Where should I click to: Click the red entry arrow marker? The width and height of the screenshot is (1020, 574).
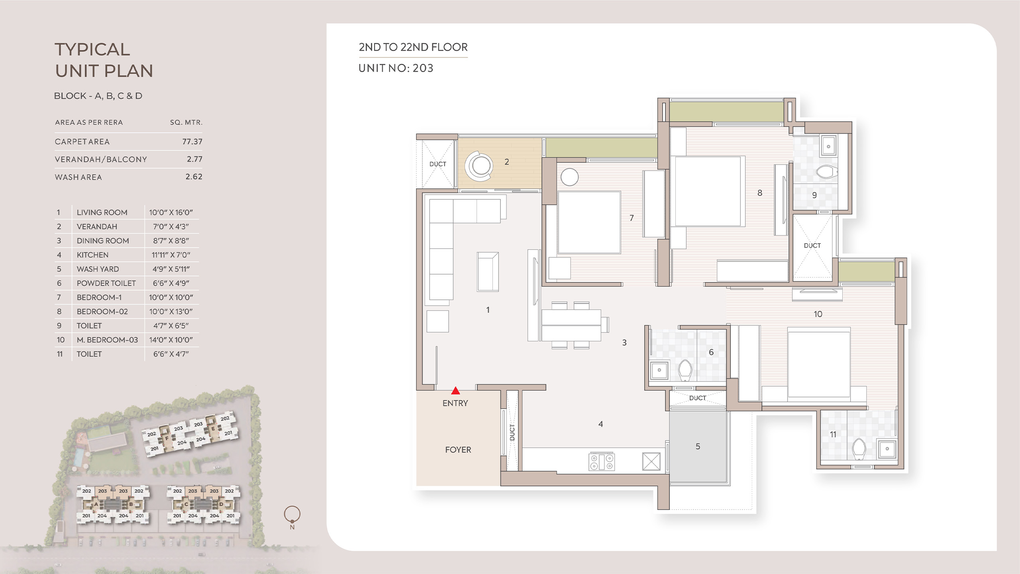[x=455, y=391]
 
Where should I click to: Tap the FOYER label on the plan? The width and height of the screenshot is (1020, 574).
[x=458, y=450]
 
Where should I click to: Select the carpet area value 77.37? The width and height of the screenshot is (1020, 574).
[x=192, y=142]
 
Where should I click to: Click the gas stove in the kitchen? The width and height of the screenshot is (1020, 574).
[x=602, y=462]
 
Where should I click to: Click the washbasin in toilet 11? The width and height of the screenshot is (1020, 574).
[x=887, y=449]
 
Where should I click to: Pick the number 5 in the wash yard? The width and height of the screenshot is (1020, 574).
[x=698, y=446]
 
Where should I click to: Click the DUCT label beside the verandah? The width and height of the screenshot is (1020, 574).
[x=437, y=164]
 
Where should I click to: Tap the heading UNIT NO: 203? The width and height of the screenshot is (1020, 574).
[x=396, y=68]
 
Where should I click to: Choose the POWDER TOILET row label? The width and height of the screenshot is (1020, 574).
[x=106, y=283]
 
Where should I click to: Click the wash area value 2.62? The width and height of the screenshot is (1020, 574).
[x=194, y=177]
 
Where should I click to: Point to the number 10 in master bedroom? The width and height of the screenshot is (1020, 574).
[x=818, y=314]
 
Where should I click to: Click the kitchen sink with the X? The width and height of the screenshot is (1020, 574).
[x=651, y=462]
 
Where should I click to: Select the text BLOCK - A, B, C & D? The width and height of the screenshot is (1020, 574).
[x=98, y=96]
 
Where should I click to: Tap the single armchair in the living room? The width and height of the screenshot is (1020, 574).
[x=488, y=271]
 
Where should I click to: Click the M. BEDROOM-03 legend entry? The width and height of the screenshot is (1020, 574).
[x=107, y=340]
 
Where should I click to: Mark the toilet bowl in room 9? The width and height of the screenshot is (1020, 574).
[x=826, y=172]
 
